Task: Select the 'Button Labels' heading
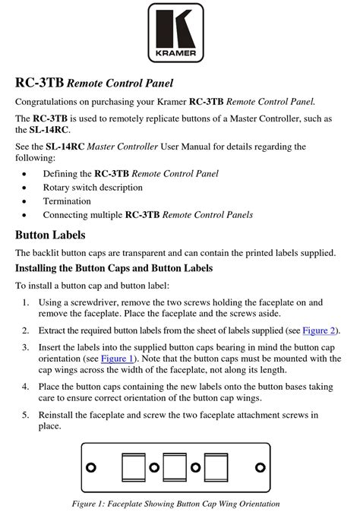click(x=50, y=235)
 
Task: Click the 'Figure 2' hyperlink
click(x=320, y=330)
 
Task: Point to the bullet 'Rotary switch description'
click(x=93, y=188)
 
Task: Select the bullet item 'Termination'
click(x=67, y=201)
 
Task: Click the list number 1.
click(x=25, y=302)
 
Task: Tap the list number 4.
click(x=25, y=387)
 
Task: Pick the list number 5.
click(x=25, y=415)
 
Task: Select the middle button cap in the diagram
click(x=175, y=466)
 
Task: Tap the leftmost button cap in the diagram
click(x=134, y=466)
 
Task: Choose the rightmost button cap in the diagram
click(x=216, y=466)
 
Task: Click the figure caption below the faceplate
click(x=175, y=504)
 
